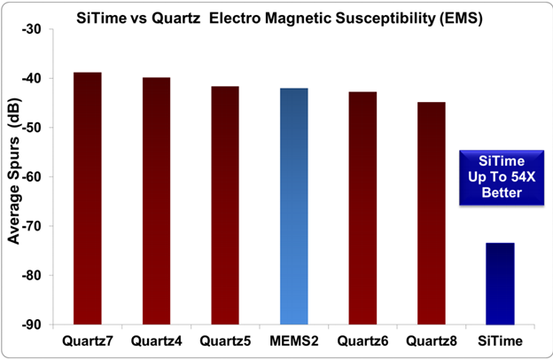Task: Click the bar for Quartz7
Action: [87, 199]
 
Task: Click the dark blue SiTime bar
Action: [500, 284]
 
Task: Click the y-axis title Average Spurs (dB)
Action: [14, 177]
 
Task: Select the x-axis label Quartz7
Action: [87, 340]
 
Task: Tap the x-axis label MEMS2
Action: [293, 340]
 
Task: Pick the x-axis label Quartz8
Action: [432, 340]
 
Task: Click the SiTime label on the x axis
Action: [500, 340]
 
